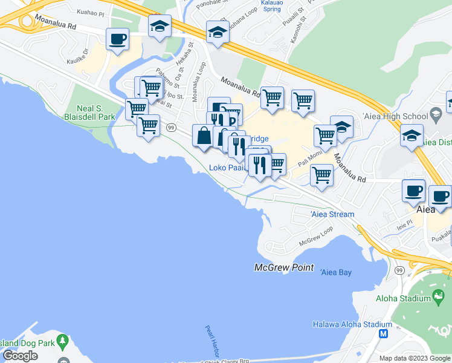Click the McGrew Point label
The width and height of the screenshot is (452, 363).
click(284, 267)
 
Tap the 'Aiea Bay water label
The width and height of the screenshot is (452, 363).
click(335, 272)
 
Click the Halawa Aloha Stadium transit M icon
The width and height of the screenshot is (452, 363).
click(383, 333)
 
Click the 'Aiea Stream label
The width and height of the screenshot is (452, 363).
click(332, 215)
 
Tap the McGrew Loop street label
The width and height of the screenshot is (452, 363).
click(315, 237)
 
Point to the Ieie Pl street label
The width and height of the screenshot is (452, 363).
click(404, 224)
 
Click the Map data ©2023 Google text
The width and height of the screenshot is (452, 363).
click(414, 358)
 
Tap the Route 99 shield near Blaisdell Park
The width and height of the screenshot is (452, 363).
click(172, 128)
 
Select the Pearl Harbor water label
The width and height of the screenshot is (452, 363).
click(210, 342)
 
